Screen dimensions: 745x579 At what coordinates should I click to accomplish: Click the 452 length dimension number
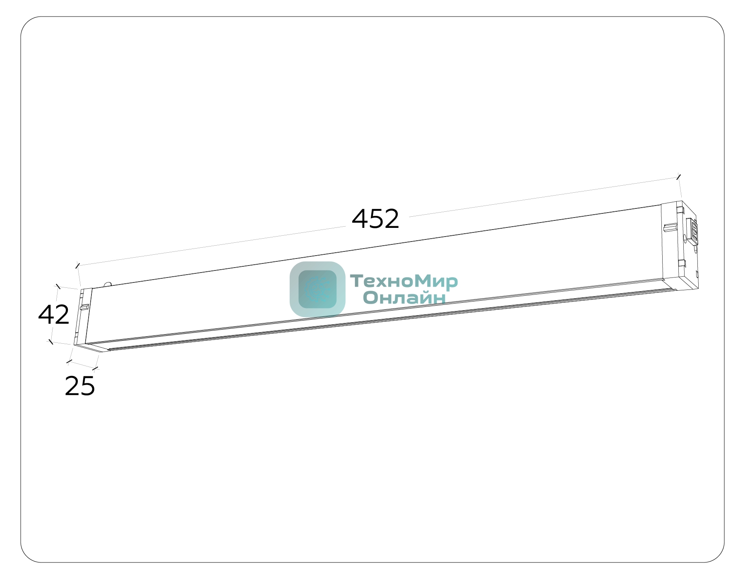click(375, 219)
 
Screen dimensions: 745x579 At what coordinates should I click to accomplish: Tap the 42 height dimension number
click(54, 315)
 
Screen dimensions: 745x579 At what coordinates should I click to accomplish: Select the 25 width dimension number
click(80, 386)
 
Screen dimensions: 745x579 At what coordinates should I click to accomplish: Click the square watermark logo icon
click(317, 289)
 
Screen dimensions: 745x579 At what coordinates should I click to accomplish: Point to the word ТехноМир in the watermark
click(404, 282)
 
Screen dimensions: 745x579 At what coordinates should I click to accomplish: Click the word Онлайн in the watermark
click(404, 297)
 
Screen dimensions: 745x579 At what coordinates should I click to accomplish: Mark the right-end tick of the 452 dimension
click(678, 177)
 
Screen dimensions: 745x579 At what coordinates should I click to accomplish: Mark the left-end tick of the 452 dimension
click(77, 266)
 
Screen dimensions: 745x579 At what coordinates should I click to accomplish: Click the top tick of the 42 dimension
click(58, 286)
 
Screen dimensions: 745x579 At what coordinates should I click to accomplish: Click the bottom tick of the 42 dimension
click(50, 342)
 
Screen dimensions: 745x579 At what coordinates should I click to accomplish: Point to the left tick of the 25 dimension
click(69, 362)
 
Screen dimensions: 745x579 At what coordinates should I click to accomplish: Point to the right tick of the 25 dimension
click(95, 368)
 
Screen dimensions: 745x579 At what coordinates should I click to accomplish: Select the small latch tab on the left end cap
click(84, 307)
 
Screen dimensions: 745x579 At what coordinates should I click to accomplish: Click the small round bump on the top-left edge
click(108, 284)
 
